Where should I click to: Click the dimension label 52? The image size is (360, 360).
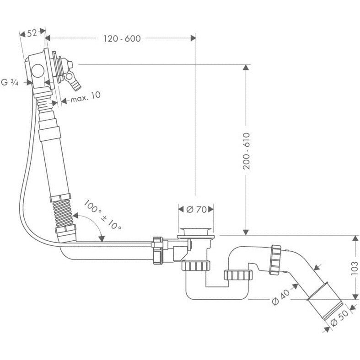click(x=32, y=33)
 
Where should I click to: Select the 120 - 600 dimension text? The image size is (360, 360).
click(x=122, y=38)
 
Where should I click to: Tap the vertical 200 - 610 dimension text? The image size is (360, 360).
click(x=246, y=151)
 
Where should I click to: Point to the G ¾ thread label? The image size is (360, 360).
click(x=10, y=82)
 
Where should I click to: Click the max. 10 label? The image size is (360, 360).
click(x=86, y=98)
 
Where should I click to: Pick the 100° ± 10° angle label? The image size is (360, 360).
click(x=102, y=214)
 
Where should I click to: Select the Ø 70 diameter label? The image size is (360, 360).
click(x=196, y=209)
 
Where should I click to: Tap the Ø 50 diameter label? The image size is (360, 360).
click(x=339, y=318)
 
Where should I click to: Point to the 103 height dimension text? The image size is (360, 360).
click(x=355, y=268)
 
